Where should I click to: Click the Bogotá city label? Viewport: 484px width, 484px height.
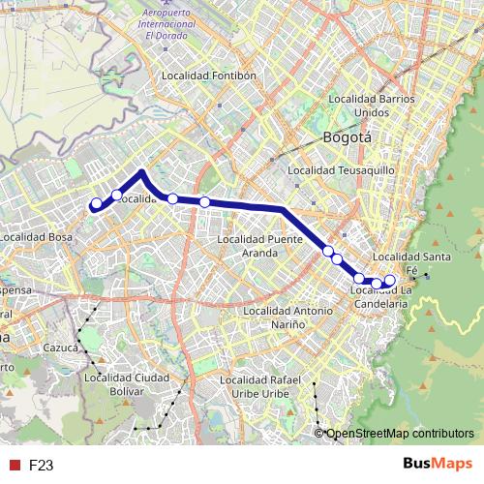(348, 137)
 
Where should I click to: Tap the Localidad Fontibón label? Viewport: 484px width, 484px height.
(209, 75)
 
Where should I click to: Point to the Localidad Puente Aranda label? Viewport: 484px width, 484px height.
(260, 246)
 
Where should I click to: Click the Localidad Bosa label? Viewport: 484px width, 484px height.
(37, 236)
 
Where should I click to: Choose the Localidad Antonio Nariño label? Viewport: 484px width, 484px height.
(287, 318)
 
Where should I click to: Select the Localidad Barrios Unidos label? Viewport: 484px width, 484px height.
(373, 105)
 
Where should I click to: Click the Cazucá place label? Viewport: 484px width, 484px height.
(60, 347)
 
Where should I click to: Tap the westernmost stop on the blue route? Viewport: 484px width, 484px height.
(96, 204)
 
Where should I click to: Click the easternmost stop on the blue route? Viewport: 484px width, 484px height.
(390, 281)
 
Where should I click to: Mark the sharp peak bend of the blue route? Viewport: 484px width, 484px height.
(142, 171)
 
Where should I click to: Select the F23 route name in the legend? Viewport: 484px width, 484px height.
(41, 465)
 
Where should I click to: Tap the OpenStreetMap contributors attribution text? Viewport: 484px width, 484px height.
(401, 434)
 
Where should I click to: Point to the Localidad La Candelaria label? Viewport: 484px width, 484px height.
(381, 296)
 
